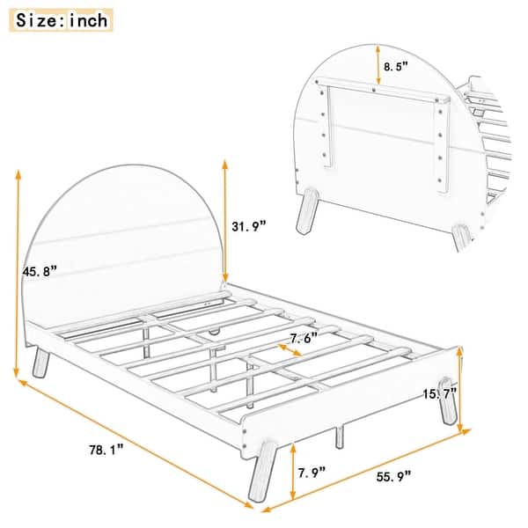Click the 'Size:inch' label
(62, 18)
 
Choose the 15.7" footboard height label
(441, 394)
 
